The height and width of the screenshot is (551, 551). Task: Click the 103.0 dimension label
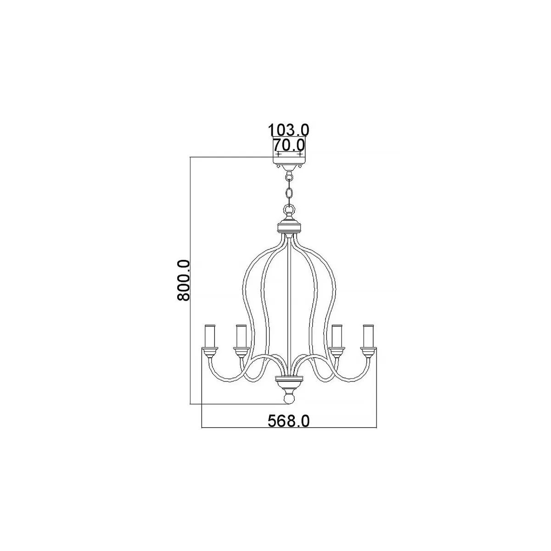point(288,130)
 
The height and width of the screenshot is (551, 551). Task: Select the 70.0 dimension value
point(289,145)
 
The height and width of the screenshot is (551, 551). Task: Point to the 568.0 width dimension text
point(288,421)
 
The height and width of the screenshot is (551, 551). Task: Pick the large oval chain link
point(289,193)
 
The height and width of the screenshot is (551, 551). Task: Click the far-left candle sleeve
point(210,336)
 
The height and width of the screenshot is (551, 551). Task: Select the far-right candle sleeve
point(368,336)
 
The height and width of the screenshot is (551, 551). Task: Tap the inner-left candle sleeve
point(242,336)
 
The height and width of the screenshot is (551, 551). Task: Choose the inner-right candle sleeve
point(337,336)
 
